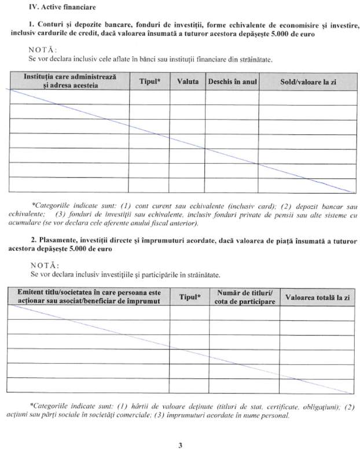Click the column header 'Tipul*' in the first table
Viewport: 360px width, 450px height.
coord(149,82)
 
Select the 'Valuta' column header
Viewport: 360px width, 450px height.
coord(187,82)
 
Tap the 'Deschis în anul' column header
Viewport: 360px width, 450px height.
coord(232,82)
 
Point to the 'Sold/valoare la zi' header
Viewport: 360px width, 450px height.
coord(307,82)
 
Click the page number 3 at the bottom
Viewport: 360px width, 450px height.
coord(180,445)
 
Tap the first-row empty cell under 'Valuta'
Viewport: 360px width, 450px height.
coord(187,98)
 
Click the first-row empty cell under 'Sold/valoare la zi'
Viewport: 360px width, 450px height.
coord(307,98)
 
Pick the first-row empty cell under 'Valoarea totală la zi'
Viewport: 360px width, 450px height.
coord(317,312)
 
